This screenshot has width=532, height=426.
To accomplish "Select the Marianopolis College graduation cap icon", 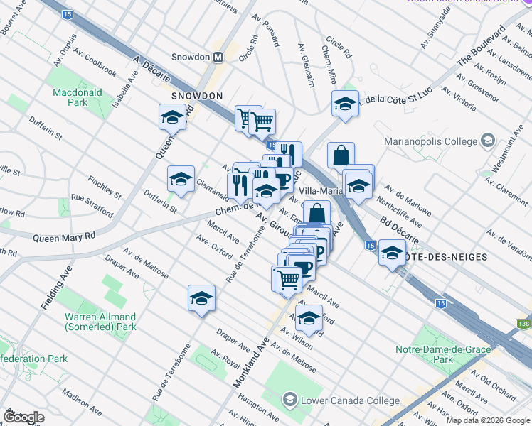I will coord(487,140).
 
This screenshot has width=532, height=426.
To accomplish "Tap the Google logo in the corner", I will coord(23,417).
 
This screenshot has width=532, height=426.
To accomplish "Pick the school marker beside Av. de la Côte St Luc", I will coord(345,103).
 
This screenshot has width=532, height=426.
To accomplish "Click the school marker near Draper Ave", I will coord(201,297).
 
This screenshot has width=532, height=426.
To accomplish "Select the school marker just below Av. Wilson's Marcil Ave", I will coord(309,318).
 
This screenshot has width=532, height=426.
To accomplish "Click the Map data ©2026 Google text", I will coord(487,420).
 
